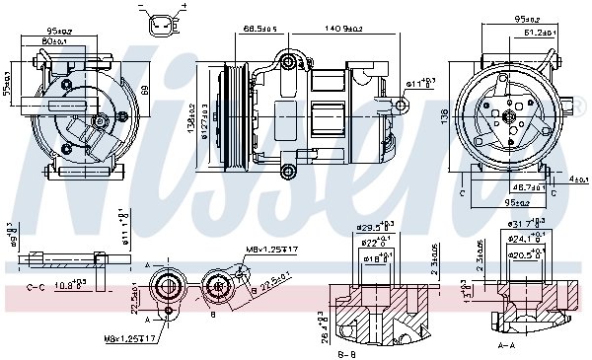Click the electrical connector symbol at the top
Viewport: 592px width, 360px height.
[x=162, y=22]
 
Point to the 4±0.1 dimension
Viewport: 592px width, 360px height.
[x=575, y=179]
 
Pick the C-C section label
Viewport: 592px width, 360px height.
[x=37, y=286]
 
